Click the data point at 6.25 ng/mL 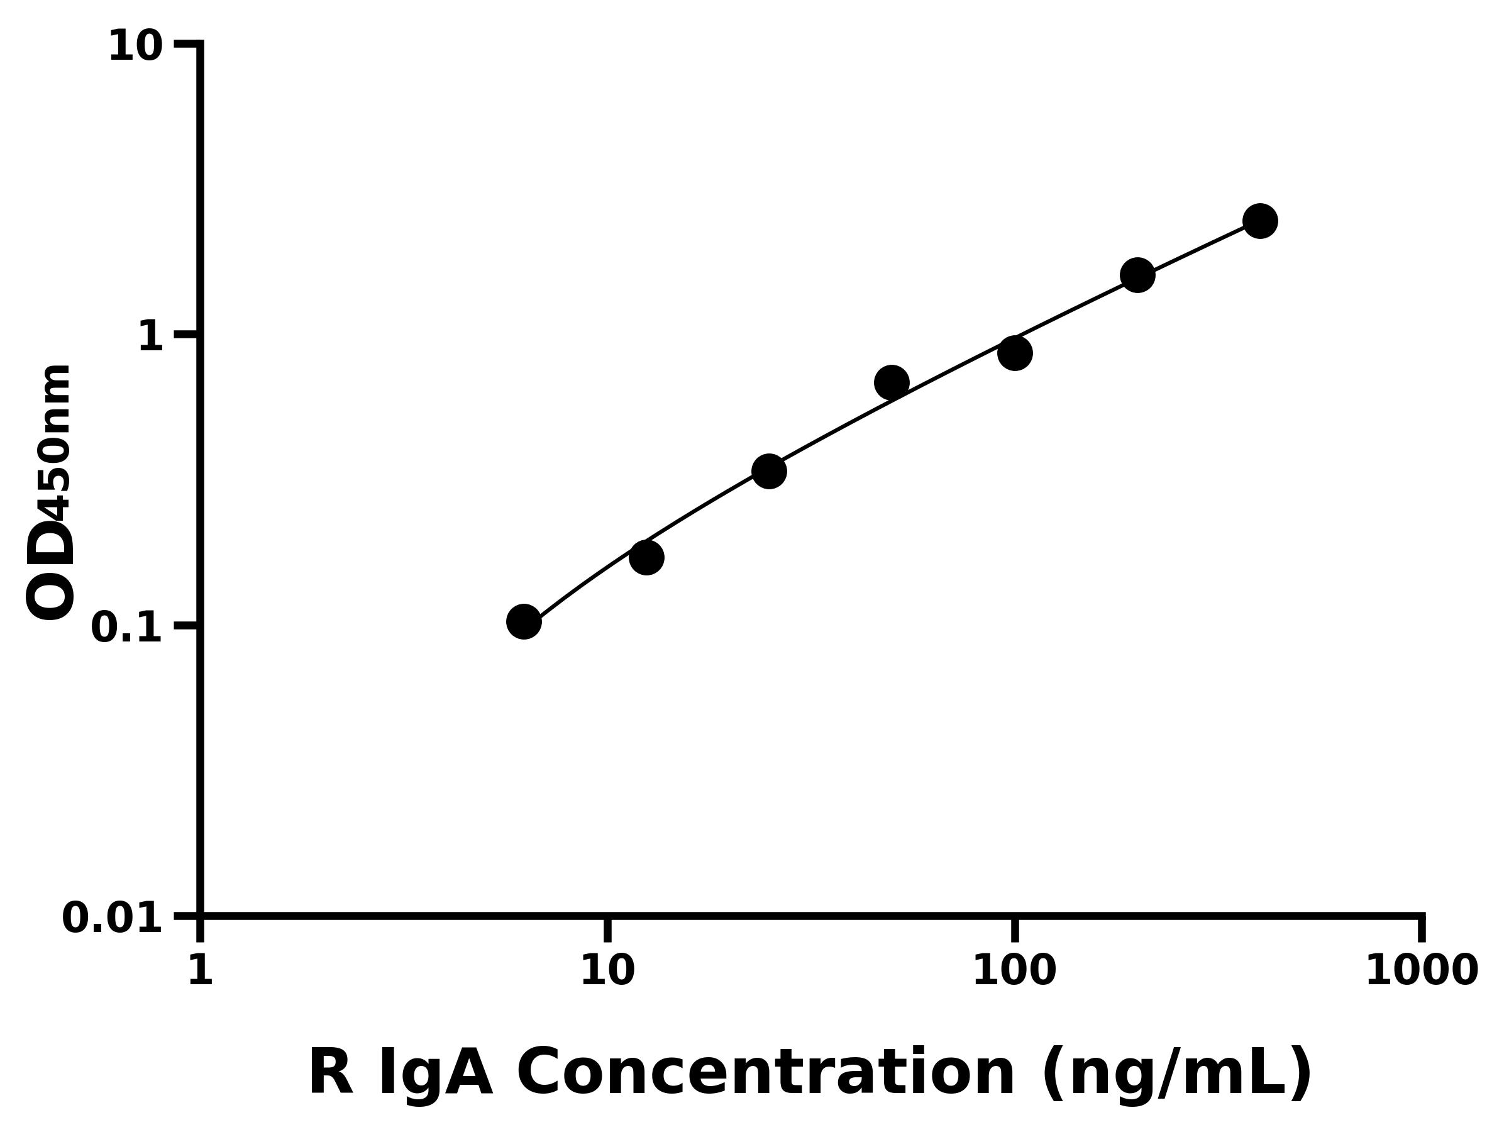(524, 621)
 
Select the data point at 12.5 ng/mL (646, 557)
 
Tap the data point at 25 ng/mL (769, 472)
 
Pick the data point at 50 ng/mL (891, 382)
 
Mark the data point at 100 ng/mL (1014, 353)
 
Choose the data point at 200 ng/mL (1137, 275)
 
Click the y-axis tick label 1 (151, 337)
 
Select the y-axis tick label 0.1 (127, 628)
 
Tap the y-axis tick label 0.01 (113, 918)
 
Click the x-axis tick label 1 (201, 970)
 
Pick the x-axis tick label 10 (607, 970)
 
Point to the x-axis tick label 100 (1014, 970)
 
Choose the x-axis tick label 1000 (1422, 970)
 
